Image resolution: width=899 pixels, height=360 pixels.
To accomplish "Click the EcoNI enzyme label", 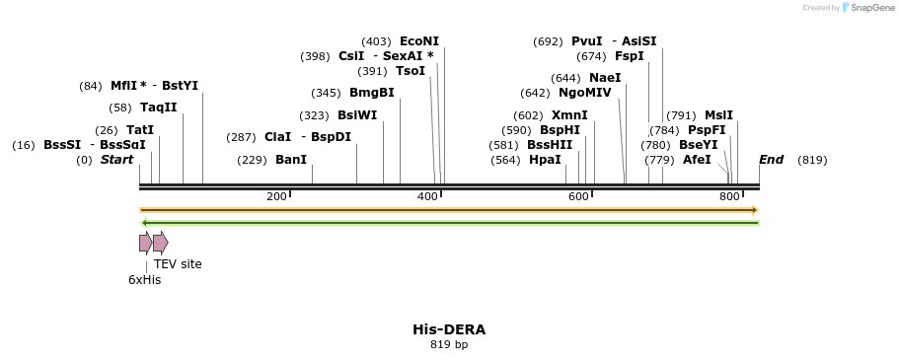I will tap(419, 41).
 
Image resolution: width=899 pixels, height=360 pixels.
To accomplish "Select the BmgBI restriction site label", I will tap(371, 93).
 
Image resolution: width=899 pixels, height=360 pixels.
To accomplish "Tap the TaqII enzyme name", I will tap(158, 108).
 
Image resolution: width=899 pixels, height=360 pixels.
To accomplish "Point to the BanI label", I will tap(290, 160).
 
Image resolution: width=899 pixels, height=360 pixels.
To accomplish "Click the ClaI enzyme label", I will tap(277, 137).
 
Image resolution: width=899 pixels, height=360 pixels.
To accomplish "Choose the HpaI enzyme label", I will tap(545, 160).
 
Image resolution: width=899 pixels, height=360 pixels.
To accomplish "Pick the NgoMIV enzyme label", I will tap(585, 93).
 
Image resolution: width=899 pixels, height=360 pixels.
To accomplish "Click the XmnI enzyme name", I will tap(569, 115).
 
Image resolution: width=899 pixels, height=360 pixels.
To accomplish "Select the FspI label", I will tap(629, 56).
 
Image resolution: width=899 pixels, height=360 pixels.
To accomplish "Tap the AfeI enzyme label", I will tap(697, 160).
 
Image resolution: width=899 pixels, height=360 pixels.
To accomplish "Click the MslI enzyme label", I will tap(718, 115).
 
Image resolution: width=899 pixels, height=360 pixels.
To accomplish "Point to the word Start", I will tap(116, 160).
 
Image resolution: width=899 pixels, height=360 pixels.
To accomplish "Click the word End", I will tap(771, 160).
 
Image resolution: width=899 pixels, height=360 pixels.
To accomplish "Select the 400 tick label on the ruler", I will tap(427, 197).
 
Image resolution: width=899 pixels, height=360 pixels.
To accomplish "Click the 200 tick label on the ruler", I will tap(276, 197).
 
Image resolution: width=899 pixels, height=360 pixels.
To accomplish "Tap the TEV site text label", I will tap(178, 264).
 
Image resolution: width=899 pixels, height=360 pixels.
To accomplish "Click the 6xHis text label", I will tap(144, 280).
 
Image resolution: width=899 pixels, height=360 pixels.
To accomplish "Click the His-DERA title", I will tap(449, 329).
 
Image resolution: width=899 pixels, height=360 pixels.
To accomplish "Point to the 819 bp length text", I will tap(449, 345).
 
